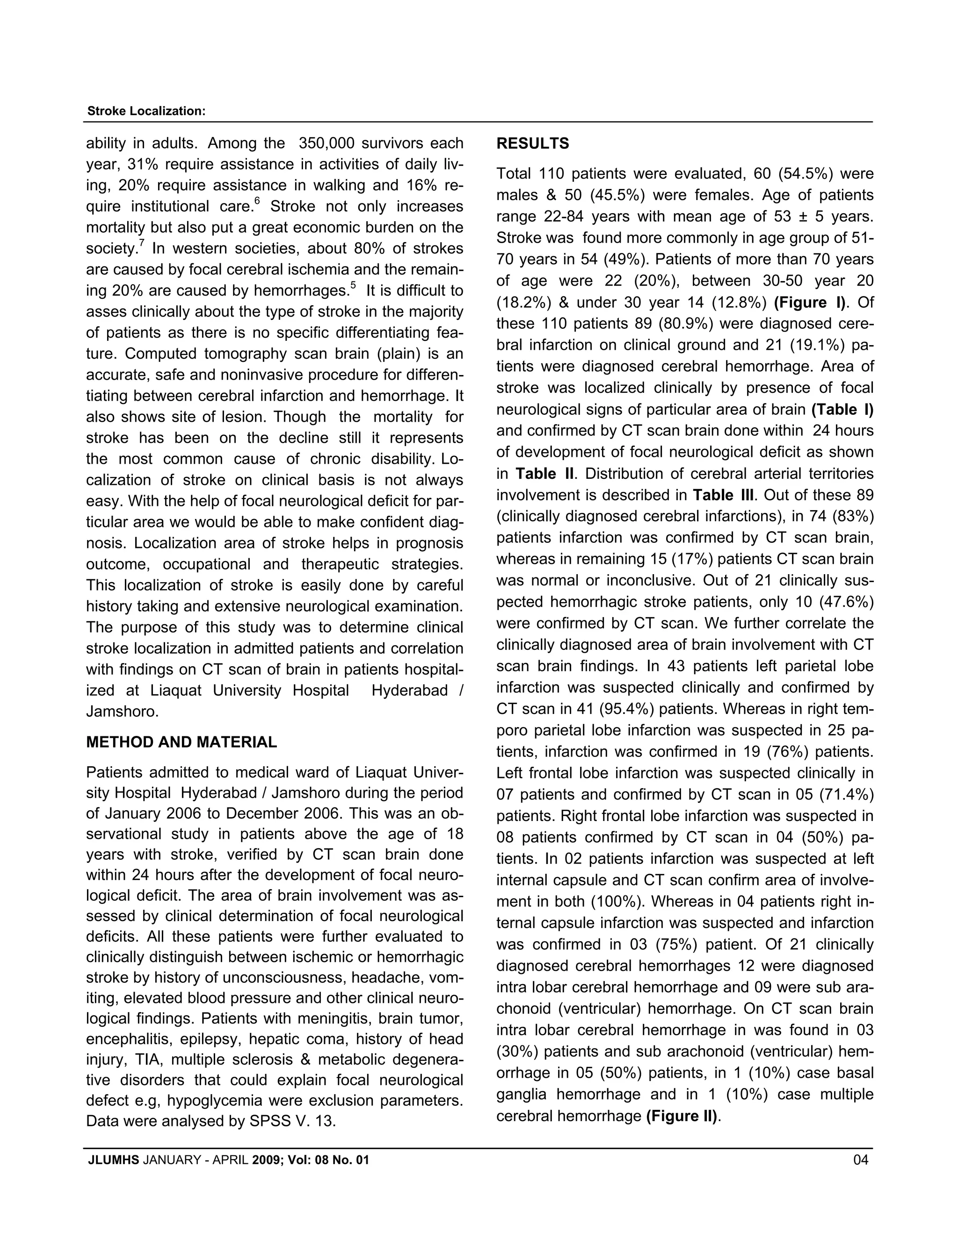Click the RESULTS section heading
[532, 144]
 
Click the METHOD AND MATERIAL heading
[181, 742]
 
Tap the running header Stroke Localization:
[146, 111]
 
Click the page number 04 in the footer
[860, 1160]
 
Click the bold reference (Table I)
[842, 409]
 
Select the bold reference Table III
[723, 495]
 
